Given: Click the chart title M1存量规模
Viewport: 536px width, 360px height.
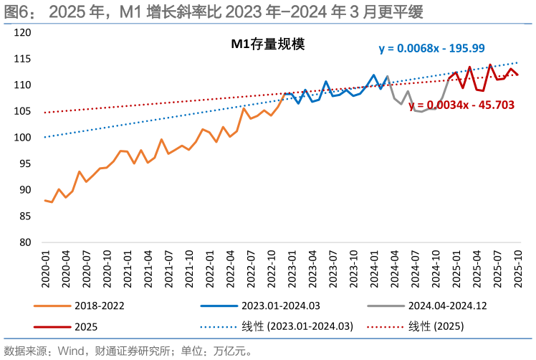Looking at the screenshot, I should (x=267, y=44).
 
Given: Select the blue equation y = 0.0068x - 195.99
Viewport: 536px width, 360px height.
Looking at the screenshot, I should (x=431, y=48).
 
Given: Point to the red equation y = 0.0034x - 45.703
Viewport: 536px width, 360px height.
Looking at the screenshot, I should (x=461, y=105).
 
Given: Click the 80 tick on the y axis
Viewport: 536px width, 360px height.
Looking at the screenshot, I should (x=24, y=242).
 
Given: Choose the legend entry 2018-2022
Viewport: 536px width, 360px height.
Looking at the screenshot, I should (x=99, y=305).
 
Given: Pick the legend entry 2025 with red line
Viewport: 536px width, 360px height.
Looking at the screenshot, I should (x=86, y=326).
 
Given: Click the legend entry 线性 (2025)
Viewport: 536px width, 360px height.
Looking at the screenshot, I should (x=435, y=326).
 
